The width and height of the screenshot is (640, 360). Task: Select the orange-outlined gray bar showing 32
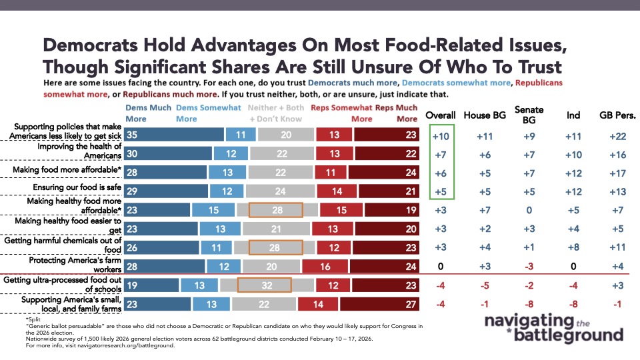pyautogui.click(x=265, y=285)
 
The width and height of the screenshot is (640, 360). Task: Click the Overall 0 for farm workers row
pyautogui.click(x=440, y=267)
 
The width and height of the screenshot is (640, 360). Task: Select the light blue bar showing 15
pyautogui.click(x=211, y=210)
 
